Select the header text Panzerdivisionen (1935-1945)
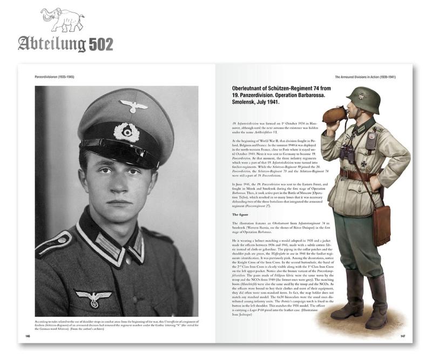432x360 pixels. (x=48, y=77)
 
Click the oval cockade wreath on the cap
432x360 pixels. (x=127, y=132)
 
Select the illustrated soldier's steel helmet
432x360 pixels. (x=363, y=99)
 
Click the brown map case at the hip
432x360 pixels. (x=381, y=225)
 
